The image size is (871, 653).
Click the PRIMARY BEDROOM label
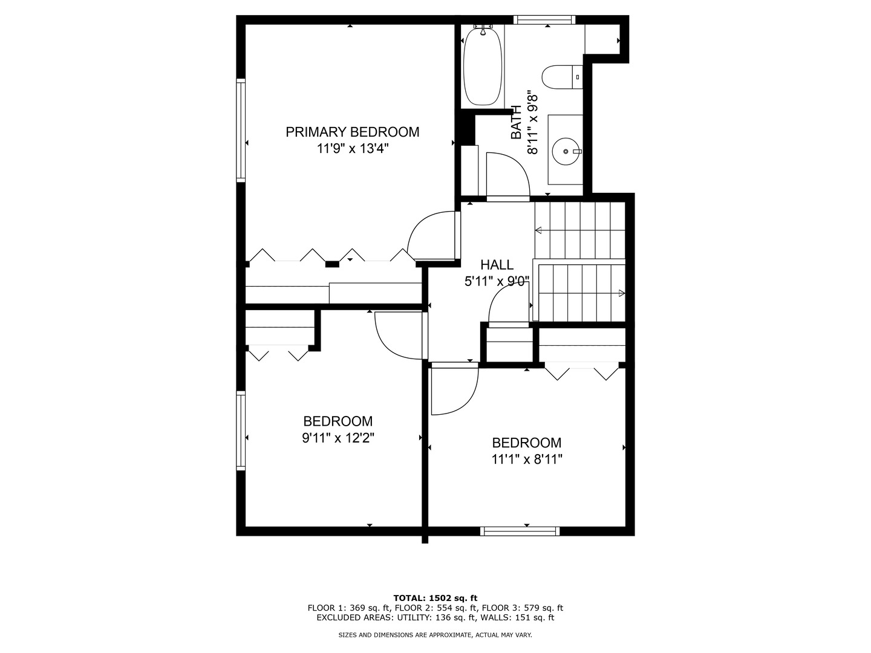click(x=353, y=132)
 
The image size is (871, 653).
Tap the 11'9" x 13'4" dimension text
click(x=353, y=149)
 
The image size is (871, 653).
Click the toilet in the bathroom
click(x=562, y=77)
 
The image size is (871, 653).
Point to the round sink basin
click(x=567, y=151)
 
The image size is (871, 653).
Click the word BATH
click(x=516, y=122)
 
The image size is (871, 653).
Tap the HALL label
click(x=497, y=264)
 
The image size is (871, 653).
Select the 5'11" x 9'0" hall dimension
click(x=497, y=282)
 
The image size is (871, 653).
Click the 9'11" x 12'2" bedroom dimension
click(x=338, y=438)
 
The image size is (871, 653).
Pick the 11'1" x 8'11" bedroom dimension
click(x=527, y=460)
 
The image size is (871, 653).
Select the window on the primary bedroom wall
click(x=241, y=130)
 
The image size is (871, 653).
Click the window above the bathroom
click(x=544, y=20)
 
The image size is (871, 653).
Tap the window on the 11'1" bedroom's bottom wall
click(x=520, y=531)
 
